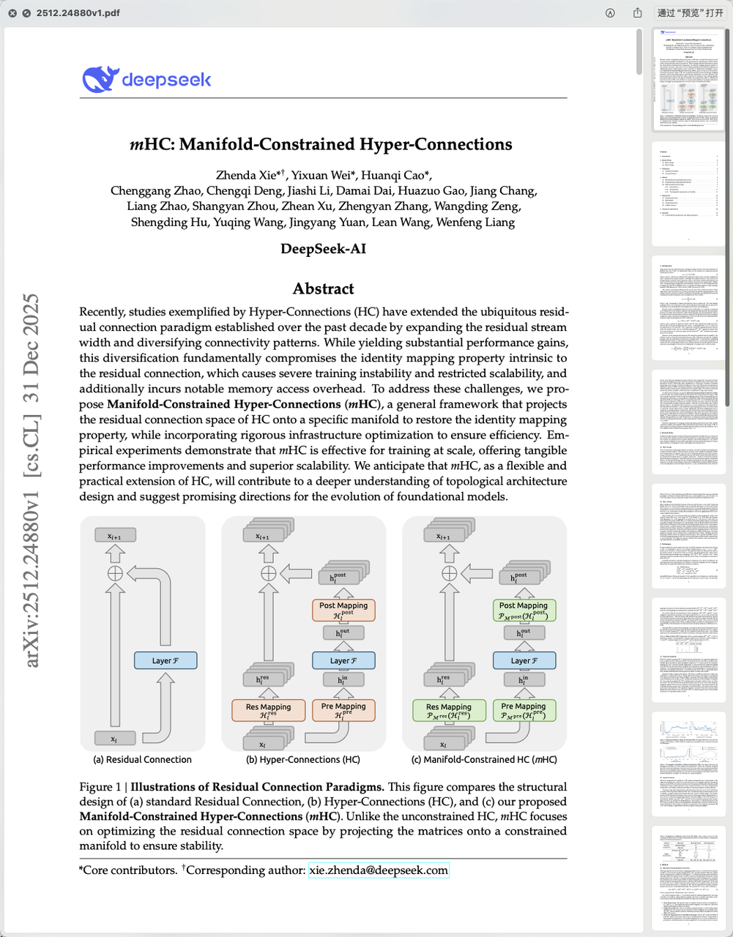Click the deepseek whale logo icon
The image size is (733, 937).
(100, 79)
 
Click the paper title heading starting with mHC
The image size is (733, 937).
(321, 144)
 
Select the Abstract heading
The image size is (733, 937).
(323, 288)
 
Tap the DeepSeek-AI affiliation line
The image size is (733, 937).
(323, 248)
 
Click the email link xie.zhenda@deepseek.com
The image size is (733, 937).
(378, 870)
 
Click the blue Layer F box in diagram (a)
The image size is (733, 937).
(165, 660)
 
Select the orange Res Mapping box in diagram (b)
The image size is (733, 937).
(268, 710)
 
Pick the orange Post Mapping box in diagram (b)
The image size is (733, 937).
(343, 610)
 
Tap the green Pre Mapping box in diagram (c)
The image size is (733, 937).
(524, 710)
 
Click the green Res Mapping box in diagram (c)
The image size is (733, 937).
(449, 710)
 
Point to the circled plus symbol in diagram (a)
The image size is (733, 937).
(115, 573)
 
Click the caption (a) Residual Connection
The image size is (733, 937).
(142, 760)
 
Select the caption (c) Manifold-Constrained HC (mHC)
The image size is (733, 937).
(484, 760)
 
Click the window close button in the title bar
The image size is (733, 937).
(12, 13)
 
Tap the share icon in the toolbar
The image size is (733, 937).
(637, 13)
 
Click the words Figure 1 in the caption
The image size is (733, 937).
(100, 787)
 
